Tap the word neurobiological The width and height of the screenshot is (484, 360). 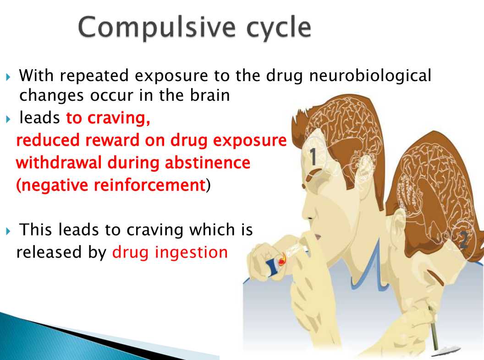pyautogui.click(x=370, y=76)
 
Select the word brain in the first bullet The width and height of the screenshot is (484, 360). pyautogui.click(x=209, y=95)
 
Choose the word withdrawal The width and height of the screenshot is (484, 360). pyautogui.click(x=59, y=163)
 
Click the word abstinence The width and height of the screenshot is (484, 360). pyautogui.click(x=208, y=163)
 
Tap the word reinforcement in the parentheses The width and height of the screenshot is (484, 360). pyautogui.click(x=150, y=185)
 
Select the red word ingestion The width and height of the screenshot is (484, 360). pyautogui.click(x=192, y=253)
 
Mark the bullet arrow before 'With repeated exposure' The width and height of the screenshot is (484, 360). pyautogui.click(x=8, y=76)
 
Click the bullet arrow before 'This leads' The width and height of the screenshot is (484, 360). pyautogui.click(x=8, y=230)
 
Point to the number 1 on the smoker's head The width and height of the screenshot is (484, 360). pyautogui.click(x=313, y=156)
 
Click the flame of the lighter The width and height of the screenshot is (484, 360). pyautogui.click(x=282, y=260)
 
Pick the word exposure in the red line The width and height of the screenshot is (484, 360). pyautogui.click(x=250, y=141)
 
